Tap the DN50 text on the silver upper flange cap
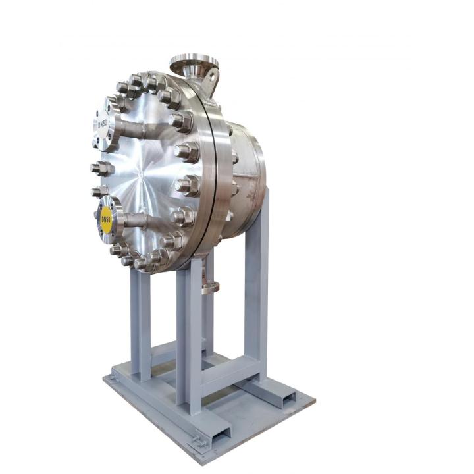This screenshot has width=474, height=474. click(103, 124)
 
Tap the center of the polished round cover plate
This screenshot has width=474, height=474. click(142, 175)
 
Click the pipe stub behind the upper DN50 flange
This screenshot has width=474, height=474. click(130, 128)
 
